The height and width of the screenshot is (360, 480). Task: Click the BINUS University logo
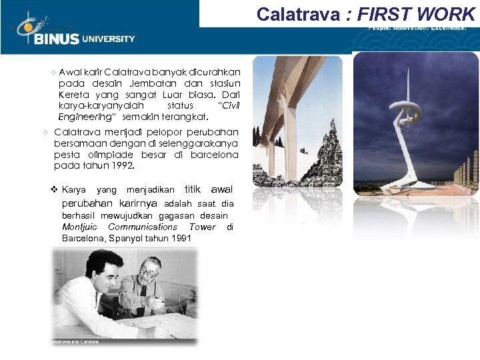[73, 30]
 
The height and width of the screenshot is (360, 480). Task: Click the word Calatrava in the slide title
[298, 13]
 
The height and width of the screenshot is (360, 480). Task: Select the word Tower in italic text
[203, 227]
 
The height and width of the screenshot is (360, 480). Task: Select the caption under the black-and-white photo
[75, 342]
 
